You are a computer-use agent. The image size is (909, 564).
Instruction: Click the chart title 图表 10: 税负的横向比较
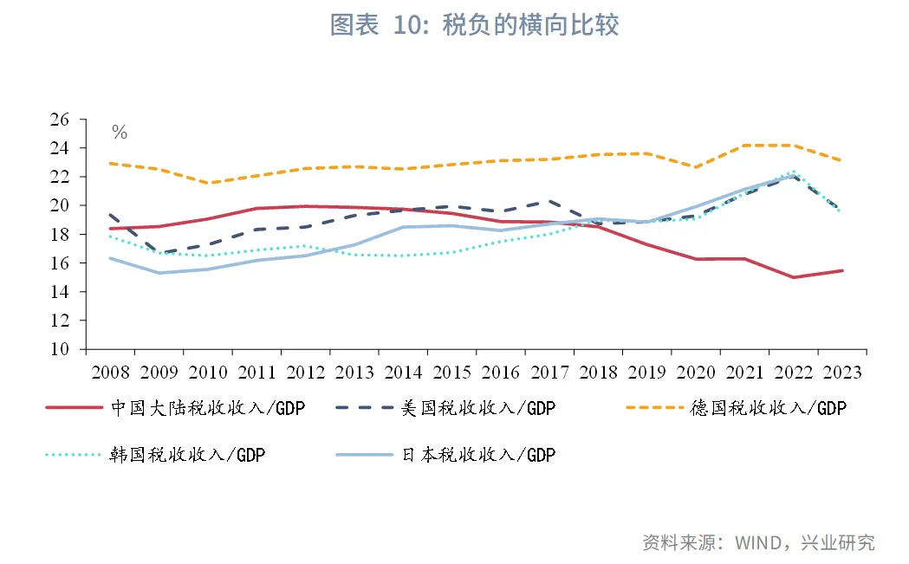(475, 25)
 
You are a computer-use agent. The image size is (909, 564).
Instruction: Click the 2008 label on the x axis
(110, 373)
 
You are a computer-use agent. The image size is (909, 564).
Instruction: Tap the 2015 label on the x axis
(452, 373)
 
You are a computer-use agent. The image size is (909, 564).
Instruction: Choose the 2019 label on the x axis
(647, 373)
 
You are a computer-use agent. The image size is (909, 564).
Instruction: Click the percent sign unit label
(120, 133)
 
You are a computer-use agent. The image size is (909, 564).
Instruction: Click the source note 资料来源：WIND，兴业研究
(758, 542)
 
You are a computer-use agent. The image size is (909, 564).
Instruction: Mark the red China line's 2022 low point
(794, 277)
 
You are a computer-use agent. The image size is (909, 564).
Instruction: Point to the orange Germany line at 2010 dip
(208, 183)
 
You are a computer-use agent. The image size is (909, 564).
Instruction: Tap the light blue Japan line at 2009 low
(159, 273)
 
